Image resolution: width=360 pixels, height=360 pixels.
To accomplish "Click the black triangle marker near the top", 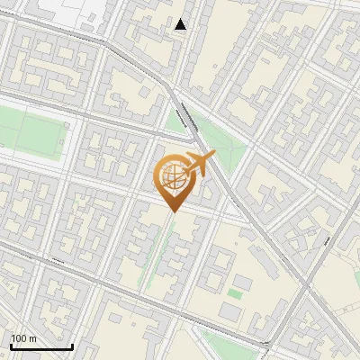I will coord(181,24).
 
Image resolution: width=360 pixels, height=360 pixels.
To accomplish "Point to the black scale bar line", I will coord(41,346).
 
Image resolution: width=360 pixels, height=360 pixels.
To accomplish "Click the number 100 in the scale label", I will coord(17,338).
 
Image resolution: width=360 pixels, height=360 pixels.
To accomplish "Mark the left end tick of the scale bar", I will coord(11,345).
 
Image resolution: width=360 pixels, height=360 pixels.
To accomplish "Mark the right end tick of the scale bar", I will coord(72,345).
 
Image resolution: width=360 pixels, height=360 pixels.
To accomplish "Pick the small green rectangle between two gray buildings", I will coord(235,293).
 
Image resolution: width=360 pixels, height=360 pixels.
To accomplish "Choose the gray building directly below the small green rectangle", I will coord(232,310).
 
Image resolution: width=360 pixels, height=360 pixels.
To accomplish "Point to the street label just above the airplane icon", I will coord(188,118).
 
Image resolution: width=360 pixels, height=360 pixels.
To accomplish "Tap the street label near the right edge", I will coord(329,241).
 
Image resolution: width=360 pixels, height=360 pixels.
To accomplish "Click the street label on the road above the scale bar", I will coord(58,261).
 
